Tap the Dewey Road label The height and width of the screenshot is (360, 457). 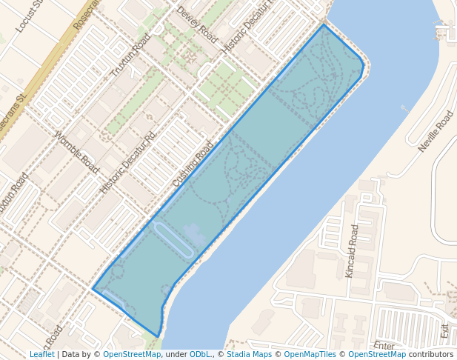[x=196, y=24]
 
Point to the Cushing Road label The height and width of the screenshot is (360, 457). [x=193, y=164]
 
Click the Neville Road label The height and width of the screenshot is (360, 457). [x=435, y=132]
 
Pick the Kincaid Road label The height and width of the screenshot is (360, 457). [x=353, y=250]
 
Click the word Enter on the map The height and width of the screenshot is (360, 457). [x=384, y=345]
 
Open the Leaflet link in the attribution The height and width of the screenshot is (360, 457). [x=41, y=354]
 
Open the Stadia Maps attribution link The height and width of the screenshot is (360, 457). [x=250, y=354]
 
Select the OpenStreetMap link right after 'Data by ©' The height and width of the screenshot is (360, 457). [x=132, y=354]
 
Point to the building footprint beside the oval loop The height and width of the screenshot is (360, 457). [x=196, y=236]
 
